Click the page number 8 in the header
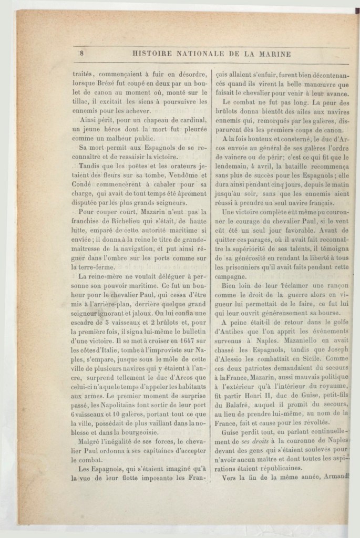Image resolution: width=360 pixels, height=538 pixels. (x=83, y=53)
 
